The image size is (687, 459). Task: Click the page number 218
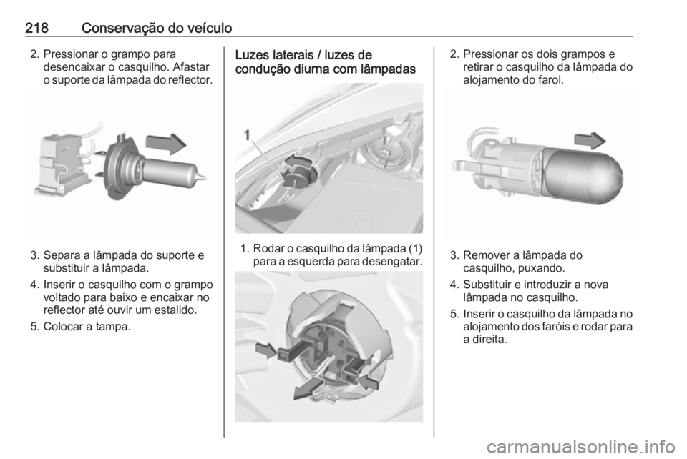point(36,29)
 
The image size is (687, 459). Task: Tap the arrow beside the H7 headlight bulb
point(166,144)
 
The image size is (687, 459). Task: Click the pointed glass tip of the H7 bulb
point(202,177)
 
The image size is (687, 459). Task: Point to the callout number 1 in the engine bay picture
point(248,135)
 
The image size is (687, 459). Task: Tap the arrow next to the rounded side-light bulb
point(590,140)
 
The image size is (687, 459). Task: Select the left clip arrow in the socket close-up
point(266,350)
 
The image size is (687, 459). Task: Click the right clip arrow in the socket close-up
point(369,382)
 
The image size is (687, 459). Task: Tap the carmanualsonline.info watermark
point(585,447)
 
